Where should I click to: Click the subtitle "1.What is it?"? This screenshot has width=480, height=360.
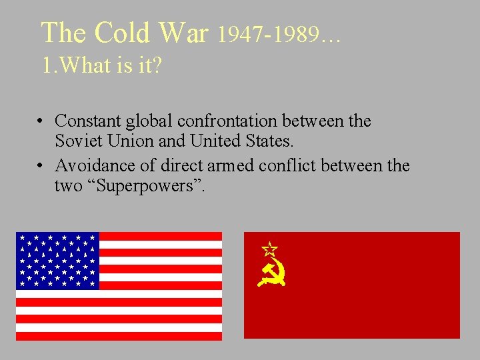coord(101,66)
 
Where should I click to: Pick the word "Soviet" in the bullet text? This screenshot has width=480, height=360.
coord(76,141)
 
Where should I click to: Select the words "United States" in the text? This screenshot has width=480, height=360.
coord(241,141)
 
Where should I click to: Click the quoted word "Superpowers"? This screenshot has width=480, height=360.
coord(149,185)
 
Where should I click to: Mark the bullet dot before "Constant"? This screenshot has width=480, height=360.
coord(41,122)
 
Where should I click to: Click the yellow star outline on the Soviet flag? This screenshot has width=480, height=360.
coord(269,249)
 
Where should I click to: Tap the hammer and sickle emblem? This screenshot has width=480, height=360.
coord(272,273)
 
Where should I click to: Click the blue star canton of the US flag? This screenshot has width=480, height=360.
coord(57,261)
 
